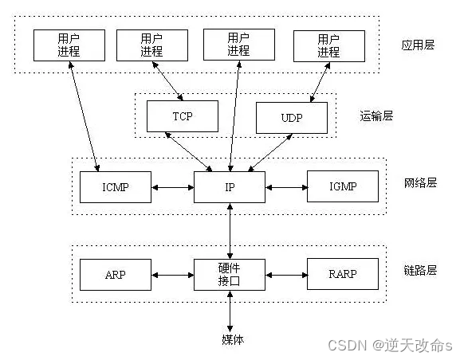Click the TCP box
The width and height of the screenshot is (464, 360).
182,117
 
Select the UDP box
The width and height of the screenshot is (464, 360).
291,118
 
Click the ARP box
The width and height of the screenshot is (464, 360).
115,275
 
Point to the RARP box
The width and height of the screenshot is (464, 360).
342,275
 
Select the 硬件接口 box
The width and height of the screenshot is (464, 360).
230,275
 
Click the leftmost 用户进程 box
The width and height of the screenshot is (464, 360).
68,45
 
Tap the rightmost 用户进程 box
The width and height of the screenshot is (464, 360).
328,45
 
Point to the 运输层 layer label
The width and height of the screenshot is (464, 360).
377,117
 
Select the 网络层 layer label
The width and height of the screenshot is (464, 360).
420,182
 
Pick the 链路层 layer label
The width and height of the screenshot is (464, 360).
420,270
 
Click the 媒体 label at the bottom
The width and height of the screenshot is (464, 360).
232,339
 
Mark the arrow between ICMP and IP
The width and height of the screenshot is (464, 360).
172,188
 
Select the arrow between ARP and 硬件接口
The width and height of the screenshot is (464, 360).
172,276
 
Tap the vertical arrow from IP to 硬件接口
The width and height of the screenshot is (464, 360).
230,230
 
